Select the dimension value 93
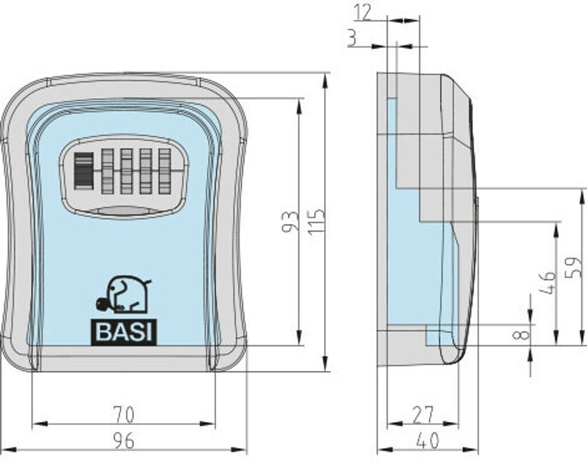click(x=290, y=222)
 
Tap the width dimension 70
click(x=124, y=415)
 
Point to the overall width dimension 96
click(x=123, y=441)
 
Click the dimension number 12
click(x=362, y=13)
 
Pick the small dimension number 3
click(x=353, y=38)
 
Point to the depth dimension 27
click(x=422, y=415)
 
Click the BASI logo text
click(x=124, y=332)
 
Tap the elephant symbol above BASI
click(x=123, y=295)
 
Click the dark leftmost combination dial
click(x=84, y=171)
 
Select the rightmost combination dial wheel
click(x=165, y=172)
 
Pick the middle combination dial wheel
click(x=126, y=172)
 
